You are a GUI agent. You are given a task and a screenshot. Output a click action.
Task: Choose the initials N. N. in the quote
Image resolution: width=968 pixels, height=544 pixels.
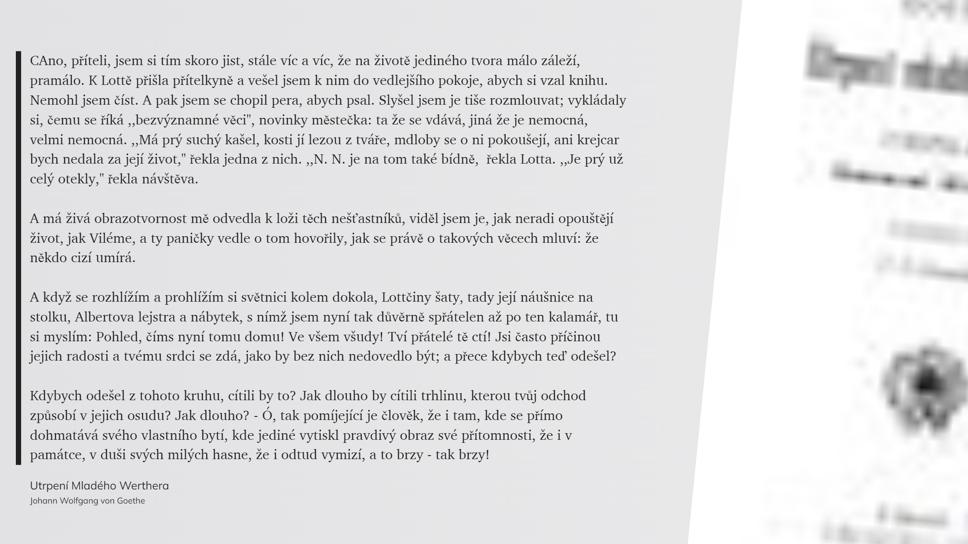328,159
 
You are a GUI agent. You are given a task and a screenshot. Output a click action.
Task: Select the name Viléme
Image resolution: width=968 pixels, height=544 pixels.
112,238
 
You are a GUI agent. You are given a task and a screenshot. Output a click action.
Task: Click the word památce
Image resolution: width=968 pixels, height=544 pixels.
57,455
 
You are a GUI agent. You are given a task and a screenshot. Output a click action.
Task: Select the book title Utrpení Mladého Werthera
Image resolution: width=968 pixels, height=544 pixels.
99,486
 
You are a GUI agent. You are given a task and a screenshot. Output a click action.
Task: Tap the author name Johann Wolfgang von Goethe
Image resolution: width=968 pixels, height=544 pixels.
88,501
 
